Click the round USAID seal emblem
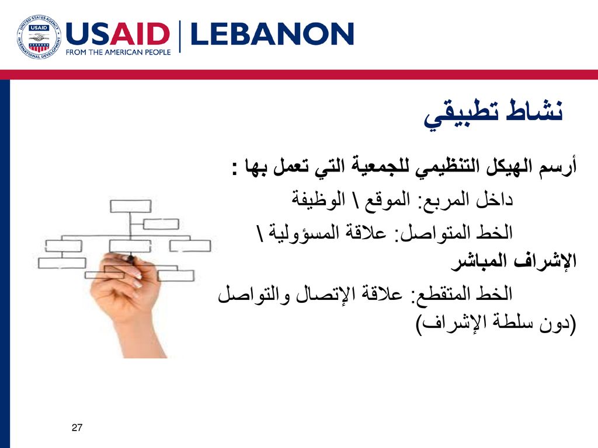(39, 37)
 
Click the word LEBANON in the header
(272, 34)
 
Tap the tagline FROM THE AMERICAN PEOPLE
(118, 52)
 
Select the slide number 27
(77, 428)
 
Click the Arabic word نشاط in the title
(534, 110)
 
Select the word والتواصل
(252, 294)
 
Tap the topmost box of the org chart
(130, 206)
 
